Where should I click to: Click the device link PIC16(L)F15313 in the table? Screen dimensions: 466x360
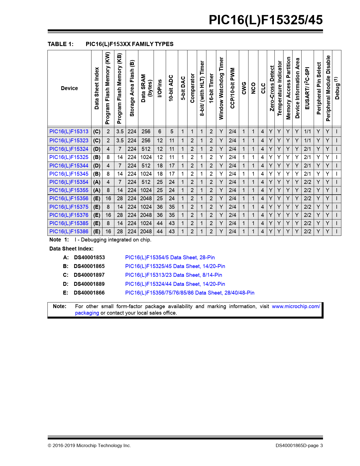[69, 132]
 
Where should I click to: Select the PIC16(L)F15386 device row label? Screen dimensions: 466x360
[69, 232]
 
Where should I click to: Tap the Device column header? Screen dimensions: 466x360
[69, 88]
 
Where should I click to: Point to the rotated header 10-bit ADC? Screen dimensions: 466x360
[171, 88]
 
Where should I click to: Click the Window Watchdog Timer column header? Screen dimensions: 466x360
[221, 88]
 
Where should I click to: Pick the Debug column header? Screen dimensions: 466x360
[337, 88]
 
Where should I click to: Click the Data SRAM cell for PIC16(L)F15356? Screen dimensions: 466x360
[146, 199]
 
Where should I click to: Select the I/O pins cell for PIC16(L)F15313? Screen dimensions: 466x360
[160, 132]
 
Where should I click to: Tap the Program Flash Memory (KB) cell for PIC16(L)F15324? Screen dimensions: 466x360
[120, 149]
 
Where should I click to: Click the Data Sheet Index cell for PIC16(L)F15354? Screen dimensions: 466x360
[97, 182]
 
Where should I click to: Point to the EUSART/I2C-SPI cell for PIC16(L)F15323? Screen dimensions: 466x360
[307, 140]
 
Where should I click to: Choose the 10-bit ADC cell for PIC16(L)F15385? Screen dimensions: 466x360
[172, 223]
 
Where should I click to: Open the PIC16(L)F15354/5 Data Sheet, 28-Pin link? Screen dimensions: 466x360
[170, 258]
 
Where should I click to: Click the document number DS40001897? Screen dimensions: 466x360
[89, 275]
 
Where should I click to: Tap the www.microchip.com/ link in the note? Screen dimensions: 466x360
[296, 306]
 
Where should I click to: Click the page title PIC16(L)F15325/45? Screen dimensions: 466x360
[265, 20]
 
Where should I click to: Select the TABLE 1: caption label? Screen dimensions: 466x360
[60, 44]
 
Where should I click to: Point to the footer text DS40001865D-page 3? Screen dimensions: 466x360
[299, 446]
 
